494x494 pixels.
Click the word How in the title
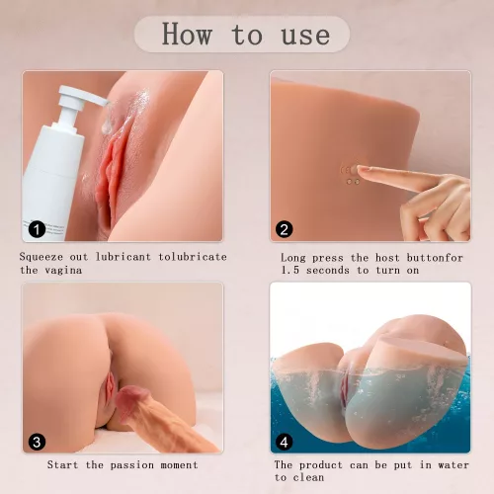(x=187, y=34)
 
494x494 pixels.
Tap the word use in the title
(x=305, y=36)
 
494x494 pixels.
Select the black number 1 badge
(x=37, y=229)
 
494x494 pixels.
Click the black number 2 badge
(x=284, y=229)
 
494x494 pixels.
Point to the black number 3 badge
(x=37, y=442)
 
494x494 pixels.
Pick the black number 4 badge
(x=284, y=442)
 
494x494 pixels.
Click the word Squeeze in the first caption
(x=41, y=257)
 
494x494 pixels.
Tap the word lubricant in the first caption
(x=123, y=257)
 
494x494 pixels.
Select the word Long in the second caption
(x=293, y=258)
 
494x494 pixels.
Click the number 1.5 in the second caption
(x=290, y=270)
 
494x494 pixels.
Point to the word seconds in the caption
(x=328, y=271)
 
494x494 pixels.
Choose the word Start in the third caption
(x=62, y=464)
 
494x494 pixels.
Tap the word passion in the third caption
(x=132, y=465)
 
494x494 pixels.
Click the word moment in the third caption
(x=180, y=465)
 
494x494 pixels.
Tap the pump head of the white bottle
(x=82, y=96)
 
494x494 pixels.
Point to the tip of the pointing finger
(x=359, y=169)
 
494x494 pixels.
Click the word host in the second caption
(x=387, y=258)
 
